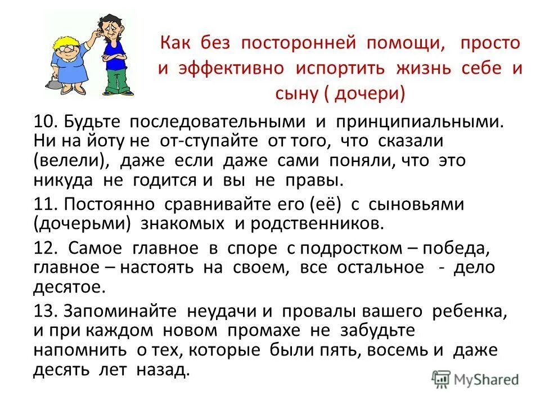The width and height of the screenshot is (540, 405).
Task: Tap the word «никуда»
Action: point(65,181)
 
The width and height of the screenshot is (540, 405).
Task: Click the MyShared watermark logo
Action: point(475,380)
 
